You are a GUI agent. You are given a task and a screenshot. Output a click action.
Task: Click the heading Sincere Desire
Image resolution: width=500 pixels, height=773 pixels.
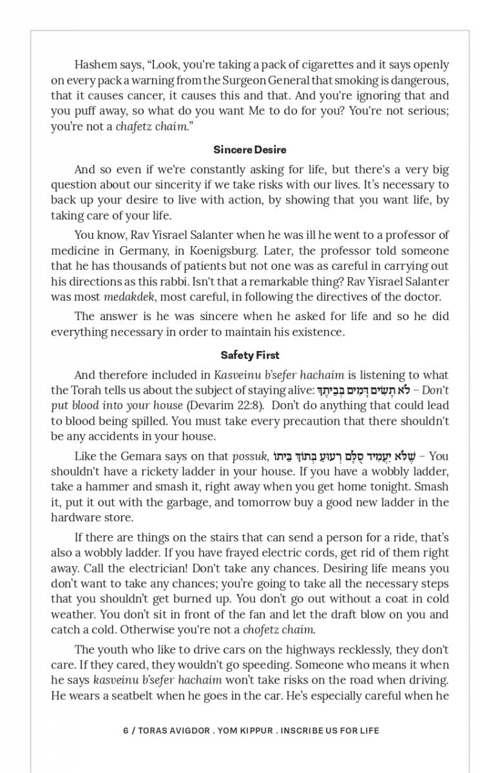coord(250,149)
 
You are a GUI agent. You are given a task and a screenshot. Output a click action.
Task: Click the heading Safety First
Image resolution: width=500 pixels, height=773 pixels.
coord(250,355)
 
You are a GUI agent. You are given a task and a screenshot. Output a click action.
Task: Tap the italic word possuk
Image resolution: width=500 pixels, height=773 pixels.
coord(249,456)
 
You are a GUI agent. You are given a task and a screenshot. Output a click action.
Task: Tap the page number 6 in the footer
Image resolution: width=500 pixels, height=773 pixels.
coord(126,730)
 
